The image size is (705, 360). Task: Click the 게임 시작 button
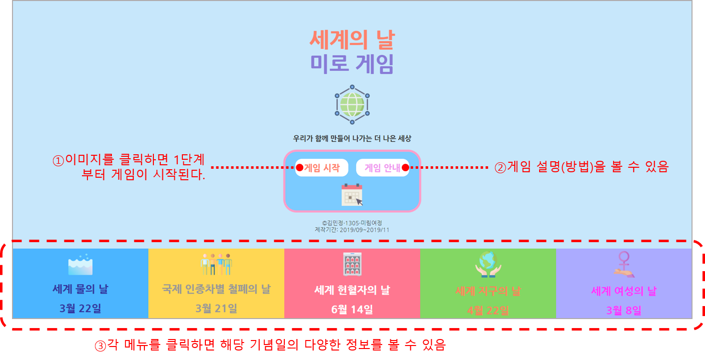(322, 168)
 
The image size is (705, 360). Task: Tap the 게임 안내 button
(382, 168)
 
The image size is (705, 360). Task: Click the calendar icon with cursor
(352, 195)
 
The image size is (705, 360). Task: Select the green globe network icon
(352, 104)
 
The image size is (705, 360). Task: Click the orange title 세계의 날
(352, 40)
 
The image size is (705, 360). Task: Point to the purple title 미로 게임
(352, 64)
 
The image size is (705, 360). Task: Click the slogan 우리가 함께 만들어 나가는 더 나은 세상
(352, 138)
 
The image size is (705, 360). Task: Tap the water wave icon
(80, 265)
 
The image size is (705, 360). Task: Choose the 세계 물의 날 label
(80, 289)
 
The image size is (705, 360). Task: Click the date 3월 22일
(80, 309)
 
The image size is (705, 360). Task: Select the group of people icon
(216, 265)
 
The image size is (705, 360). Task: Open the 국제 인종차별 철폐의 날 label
(216, 289)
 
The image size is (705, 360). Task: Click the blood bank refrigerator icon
(352, 264)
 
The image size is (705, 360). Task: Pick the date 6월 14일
(352, 310)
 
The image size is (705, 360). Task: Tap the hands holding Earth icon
(488, 264)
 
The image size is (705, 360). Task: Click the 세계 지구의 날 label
(488, 291)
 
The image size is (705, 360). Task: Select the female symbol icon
(624, 264)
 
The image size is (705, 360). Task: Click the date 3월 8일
(624, 311)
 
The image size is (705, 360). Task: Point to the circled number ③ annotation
(100, 346)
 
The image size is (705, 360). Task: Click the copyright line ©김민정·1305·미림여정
(352, 223)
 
